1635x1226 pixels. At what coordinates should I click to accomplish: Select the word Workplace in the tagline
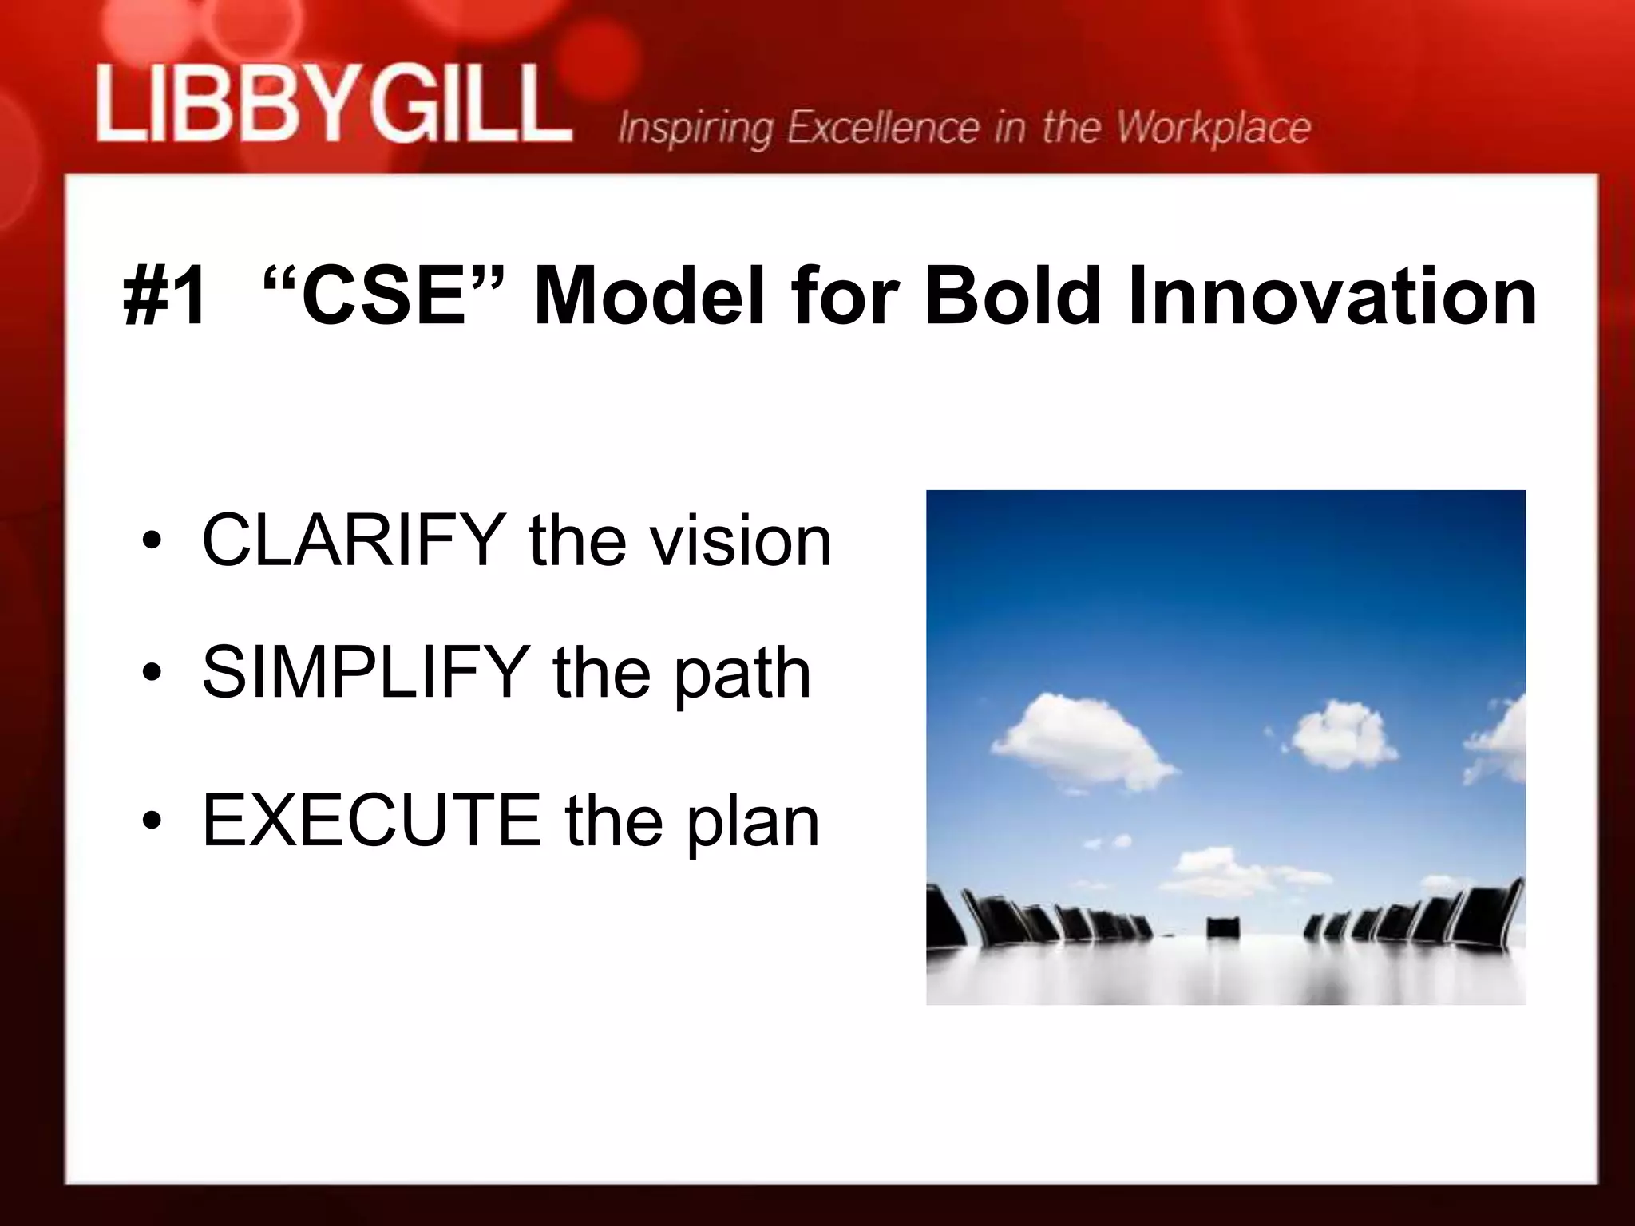pyautogui.click(x=1213, y=129)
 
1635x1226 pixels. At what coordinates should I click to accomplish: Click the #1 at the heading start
pyautogui.click(x=166, y=297)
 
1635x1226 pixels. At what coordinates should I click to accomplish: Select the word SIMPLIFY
pyautogui.click(x=366, y=672)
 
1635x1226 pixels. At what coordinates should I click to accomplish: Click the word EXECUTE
pyautogui.click(x=372, y=820)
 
